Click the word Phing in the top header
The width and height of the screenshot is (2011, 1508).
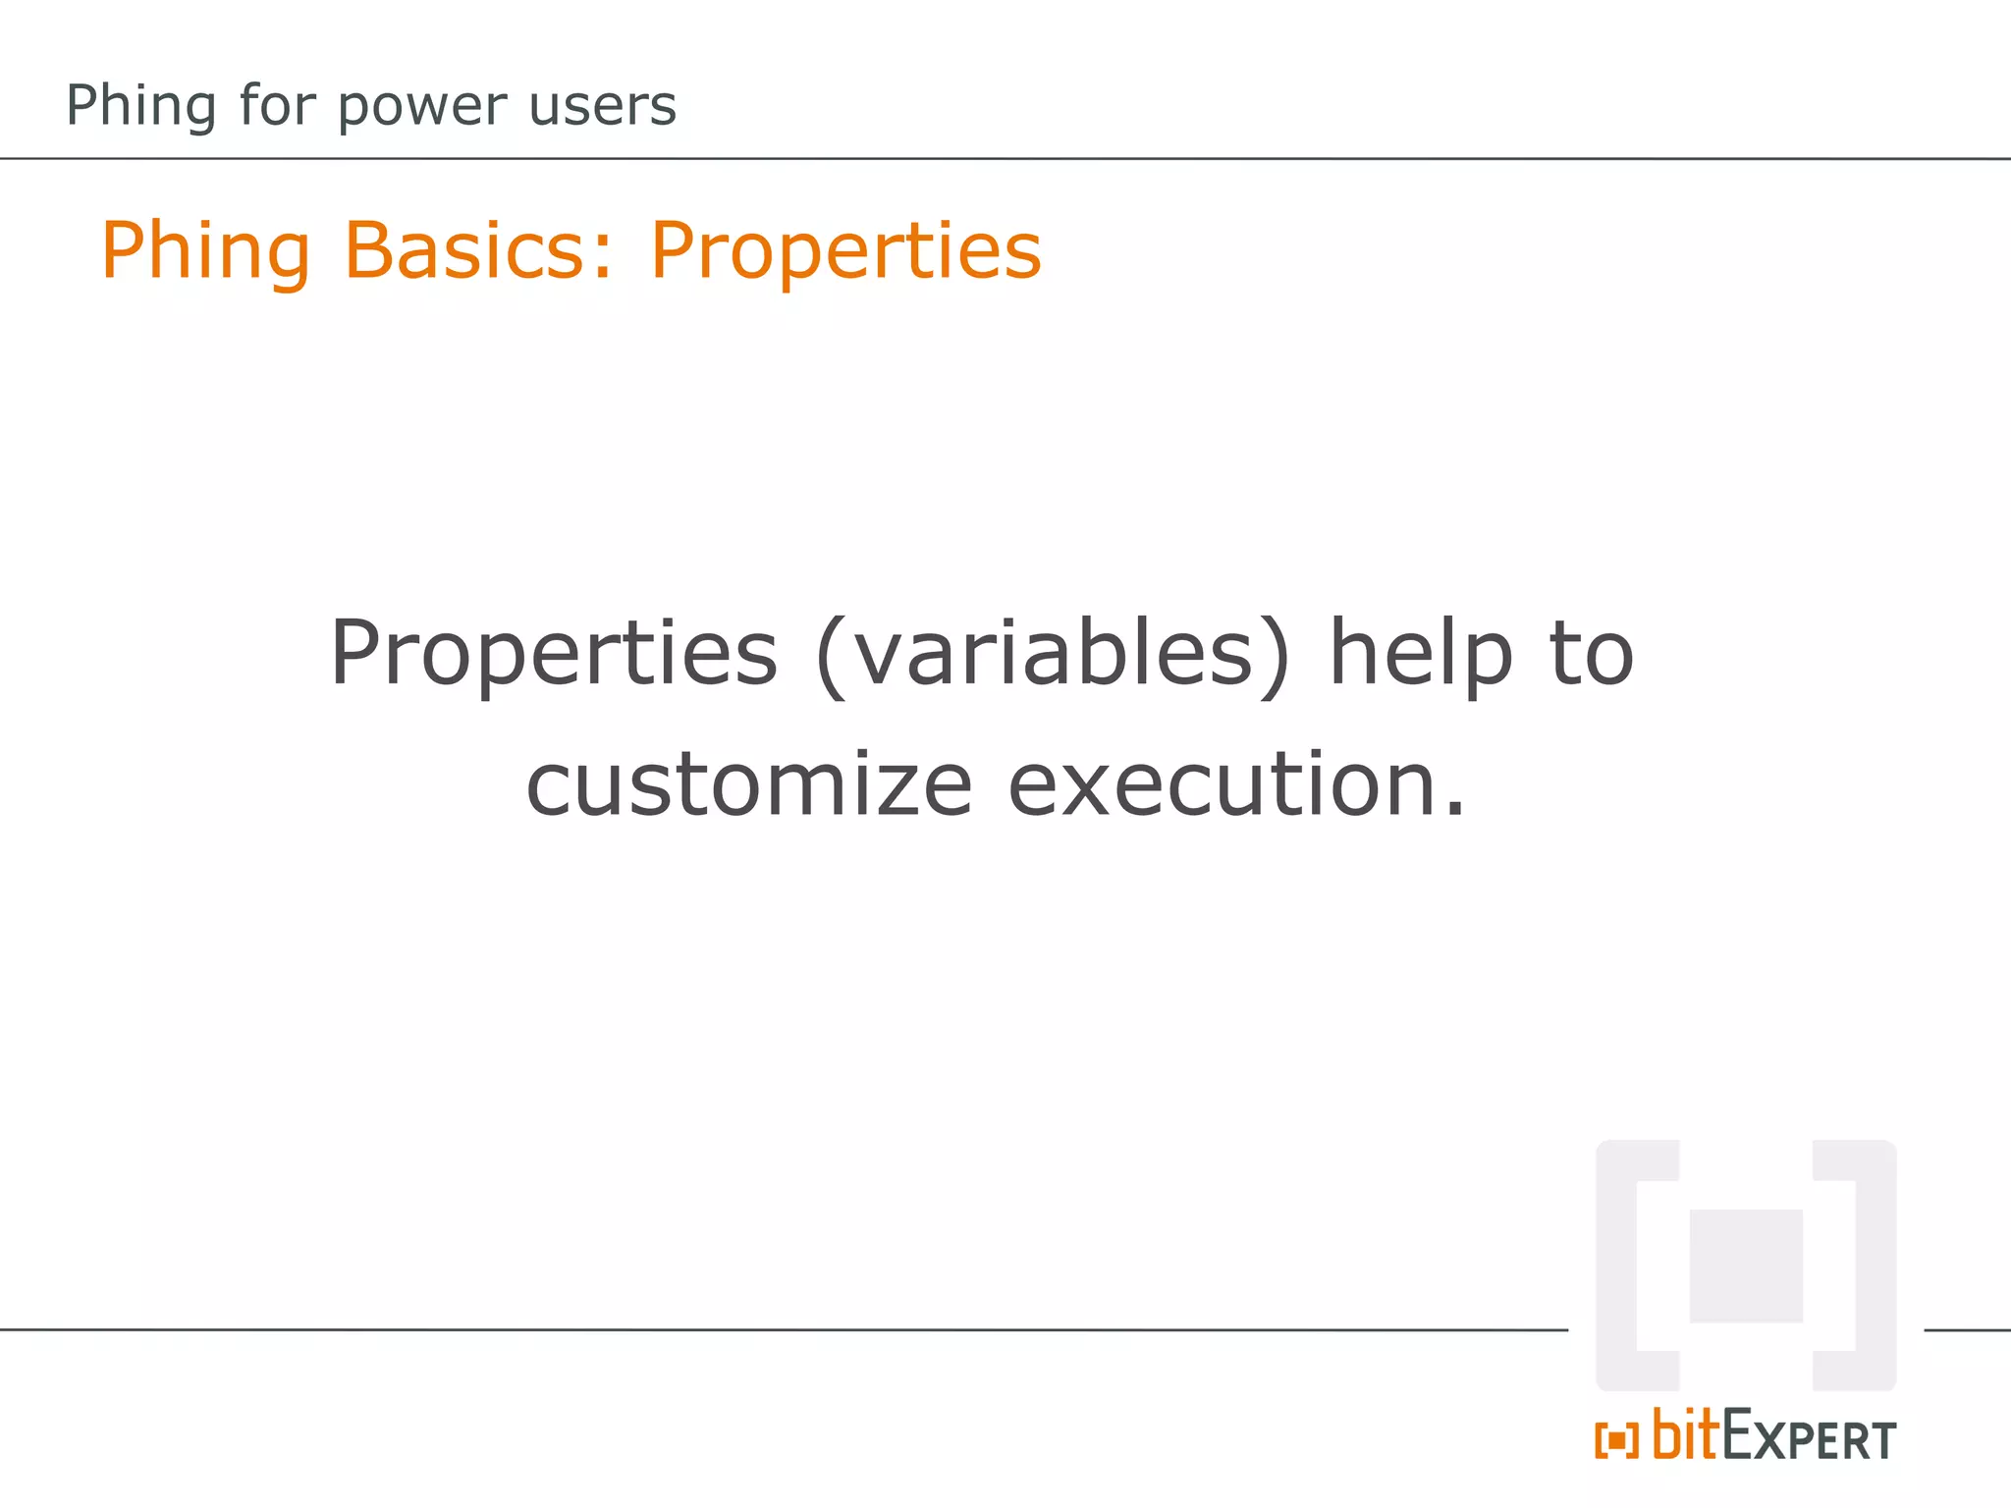click(140, 106)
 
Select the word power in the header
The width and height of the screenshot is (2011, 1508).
click(423, 106)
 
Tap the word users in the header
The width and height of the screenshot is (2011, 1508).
click(602, 106)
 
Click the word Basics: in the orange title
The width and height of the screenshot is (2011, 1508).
click(478, 250)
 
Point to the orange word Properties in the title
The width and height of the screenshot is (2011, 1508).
click(844, 252)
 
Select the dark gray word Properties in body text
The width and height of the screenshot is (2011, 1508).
click(553, 654)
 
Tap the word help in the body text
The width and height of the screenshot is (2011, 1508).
click(1421, 654)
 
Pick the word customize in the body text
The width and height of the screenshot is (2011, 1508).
click(748, 785)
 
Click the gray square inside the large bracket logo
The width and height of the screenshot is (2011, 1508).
click(1745, 1266)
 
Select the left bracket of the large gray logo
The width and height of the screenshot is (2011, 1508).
click(1618, 1266)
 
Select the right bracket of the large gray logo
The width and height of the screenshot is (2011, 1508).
click(1874, 1266)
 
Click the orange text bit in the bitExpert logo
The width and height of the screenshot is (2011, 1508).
click(1686, 1435)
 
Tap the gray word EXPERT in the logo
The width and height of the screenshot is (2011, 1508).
click(1809, 1439)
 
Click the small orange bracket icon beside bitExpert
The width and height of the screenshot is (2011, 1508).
click(1616, 1440)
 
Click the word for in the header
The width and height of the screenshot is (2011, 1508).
click(276, 106)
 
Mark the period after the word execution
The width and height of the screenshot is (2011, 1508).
click(1455, 812)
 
